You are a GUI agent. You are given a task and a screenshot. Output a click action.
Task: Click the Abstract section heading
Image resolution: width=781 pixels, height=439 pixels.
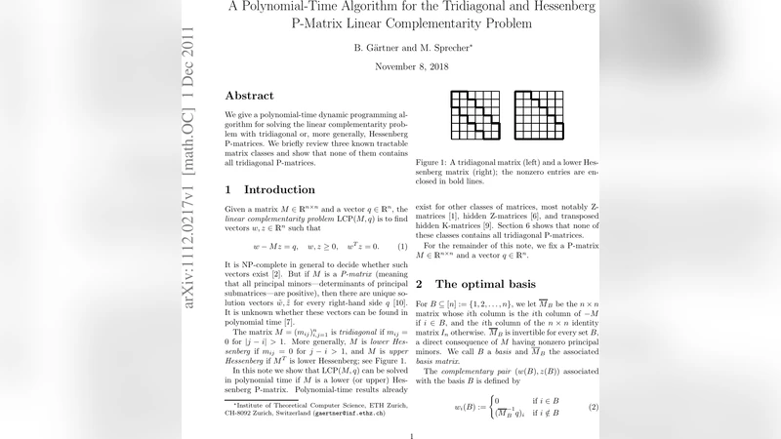(x=257, y=96)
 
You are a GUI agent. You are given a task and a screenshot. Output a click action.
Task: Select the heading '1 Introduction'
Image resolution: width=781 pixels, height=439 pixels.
(x=266, y=189)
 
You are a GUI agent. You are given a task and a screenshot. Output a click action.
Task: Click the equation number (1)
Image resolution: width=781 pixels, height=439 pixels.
(x=401, y=247)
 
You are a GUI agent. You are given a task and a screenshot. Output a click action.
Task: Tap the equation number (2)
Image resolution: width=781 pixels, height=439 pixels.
(x=592, y=405)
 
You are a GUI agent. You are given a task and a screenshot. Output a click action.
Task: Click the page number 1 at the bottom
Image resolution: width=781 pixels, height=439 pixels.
(x=413, y=435)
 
